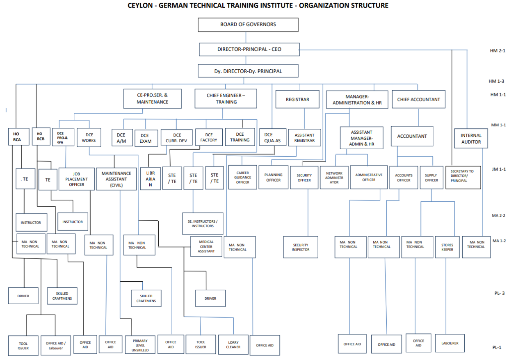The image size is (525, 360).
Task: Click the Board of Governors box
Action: click(x=248, y=25)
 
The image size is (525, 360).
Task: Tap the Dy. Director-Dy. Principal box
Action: click(x=248, y=71)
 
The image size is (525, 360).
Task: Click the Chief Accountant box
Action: click(x=418, y=99)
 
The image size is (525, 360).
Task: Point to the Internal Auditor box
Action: click(x=471, y=139)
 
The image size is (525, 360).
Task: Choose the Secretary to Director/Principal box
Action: click(x=463, y=176)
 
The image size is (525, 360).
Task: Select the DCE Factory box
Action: click(x=209, y=137)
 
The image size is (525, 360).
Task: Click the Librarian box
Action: click(x=151, y=179)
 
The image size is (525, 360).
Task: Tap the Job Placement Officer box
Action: click(x=76, y=179)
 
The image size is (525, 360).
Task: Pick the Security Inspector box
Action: click(x=300, y=247)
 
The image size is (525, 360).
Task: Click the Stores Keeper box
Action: click(x=447, y=247)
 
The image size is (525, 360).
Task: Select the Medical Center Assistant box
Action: click(x=206, y=246)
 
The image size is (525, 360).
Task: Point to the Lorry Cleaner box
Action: click(x=233, y=344)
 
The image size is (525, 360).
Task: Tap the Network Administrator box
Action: click(x=334, y=178)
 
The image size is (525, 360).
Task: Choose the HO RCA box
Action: click(x=16, y=137)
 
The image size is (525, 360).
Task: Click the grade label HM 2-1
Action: click(x=498, y=51)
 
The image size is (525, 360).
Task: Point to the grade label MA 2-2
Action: click(x=499, y=215)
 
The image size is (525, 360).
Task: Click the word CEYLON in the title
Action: click(x=142, y=5)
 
